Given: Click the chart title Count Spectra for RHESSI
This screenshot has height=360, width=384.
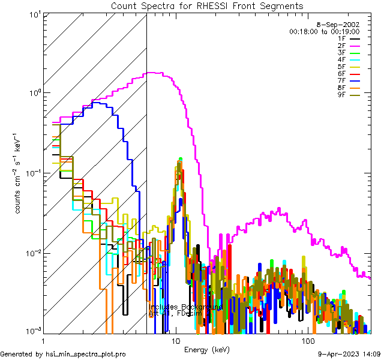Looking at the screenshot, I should tap(207, 6).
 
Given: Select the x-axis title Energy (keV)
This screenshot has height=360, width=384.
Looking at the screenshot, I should tap(207, 349).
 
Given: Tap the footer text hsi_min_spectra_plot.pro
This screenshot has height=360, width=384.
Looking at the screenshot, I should tap(86, 355).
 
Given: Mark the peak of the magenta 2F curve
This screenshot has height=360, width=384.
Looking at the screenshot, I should tap(153, 73).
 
